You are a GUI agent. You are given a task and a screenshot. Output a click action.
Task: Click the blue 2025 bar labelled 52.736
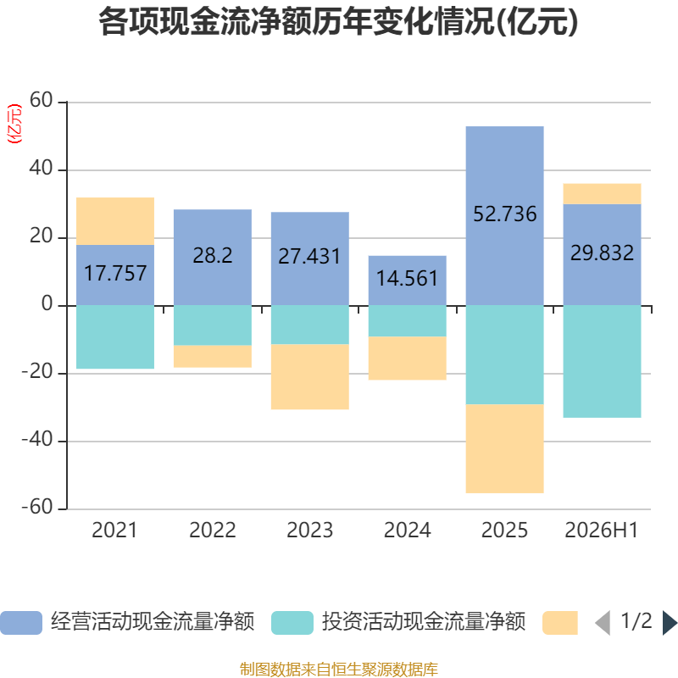click(x=504, y=216)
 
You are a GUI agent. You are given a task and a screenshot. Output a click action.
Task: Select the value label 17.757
click(x=115, y=273)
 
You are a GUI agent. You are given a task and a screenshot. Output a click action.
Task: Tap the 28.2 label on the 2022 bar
click(x=213, y=256)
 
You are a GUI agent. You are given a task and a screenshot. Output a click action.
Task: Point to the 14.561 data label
click(x=408, y=279)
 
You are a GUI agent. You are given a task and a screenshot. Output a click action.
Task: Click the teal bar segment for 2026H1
click(x=602, y=362)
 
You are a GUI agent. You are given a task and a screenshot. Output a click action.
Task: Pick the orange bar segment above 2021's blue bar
click(x=115, y=221)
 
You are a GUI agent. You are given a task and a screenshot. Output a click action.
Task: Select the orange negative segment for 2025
click(x=504, y=448)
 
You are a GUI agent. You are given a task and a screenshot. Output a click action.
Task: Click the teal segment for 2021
click(x=115, y=337)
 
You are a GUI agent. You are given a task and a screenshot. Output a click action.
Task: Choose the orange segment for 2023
click(x=310, y=376)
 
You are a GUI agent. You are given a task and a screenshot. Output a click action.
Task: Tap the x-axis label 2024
click(x=408, y=531)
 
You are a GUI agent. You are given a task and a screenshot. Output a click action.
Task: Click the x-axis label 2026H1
click(x=602, y=531)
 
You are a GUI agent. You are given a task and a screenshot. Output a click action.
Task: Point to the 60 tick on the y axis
click(x=41, y=100)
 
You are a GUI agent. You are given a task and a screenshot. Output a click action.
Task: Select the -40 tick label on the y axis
click(x=37, y=440)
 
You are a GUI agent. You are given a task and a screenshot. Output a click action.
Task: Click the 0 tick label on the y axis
click(x=47, y=304)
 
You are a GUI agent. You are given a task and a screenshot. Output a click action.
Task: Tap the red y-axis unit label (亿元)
click(x=14, y=124)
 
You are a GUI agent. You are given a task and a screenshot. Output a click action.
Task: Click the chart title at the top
click(x=338, y=22)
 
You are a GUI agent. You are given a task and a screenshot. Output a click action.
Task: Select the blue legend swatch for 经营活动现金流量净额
click(x=21, y=623)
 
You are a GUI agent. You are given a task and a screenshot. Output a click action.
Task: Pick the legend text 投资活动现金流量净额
click(x=424, y=622)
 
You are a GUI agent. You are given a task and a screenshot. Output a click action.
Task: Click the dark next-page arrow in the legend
click(x=670, y=623)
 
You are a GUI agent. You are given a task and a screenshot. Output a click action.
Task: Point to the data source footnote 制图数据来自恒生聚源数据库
click(x=339, y=670)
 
